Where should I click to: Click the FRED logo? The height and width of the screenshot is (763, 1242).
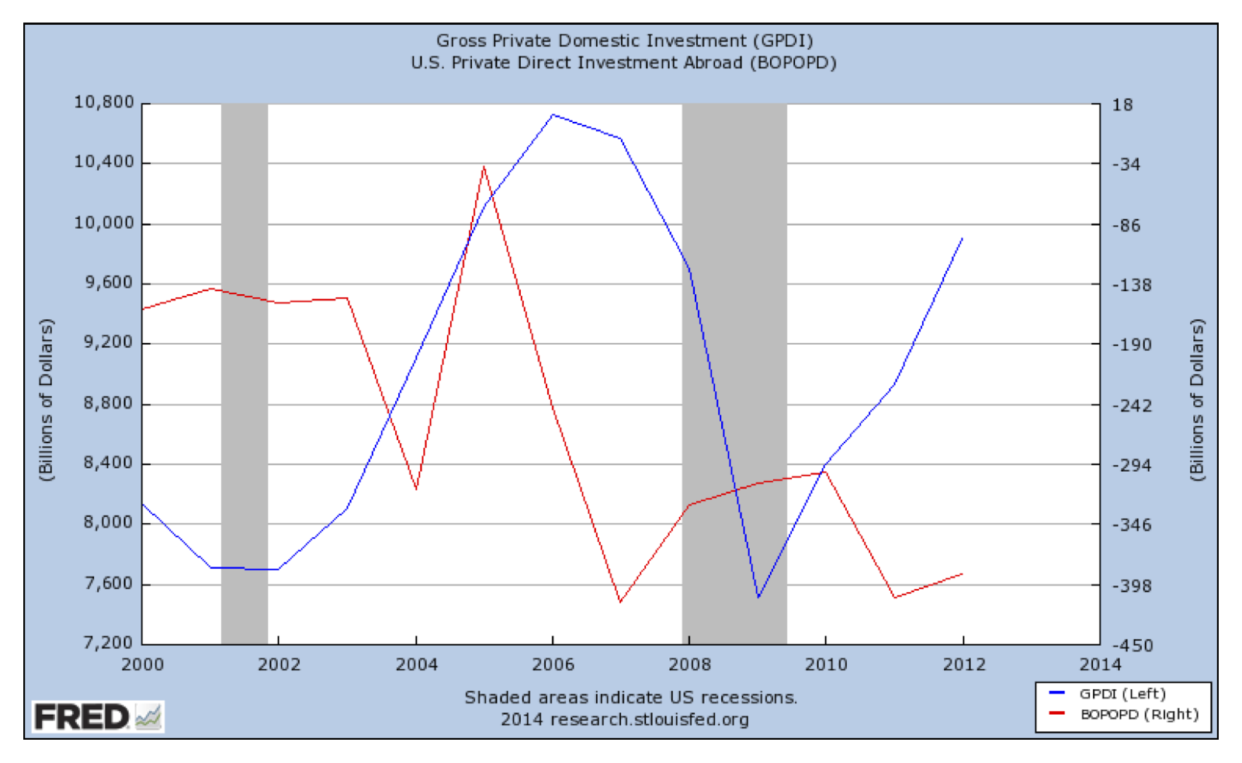click(97, 716)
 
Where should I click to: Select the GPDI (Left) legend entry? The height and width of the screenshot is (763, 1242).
click(1122, 694)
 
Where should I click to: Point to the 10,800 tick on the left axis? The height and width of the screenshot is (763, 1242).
click(104, 102)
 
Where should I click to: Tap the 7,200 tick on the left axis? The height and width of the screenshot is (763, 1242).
click(108, 643)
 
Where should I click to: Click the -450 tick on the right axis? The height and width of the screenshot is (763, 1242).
click(1133, 646)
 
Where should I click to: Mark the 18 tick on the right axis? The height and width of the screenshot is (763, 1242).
click(1122, 105)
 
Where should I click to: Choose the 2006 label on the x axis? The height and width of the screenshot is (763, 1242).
click(553, 664)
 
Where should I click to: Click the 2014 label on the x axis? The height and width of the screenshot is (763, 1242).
click(1100, 664)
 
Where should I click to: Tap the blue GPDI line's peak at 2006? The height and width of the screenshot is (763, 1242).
click(553, 115)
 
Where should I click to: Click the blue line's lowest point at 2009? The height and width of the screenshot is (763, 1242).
click(758, 598)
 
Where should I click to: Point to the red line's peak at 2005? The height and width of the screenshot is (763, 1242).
click(484, 166)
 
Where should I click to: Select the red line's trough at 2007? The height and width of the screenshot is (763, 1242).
click(620, 602)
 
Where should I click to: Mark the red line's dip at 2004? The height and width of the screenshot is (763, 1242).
click(417, 489)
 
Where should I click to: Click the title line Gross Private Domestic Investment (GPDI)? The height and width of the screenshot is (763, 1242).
click(624, 40)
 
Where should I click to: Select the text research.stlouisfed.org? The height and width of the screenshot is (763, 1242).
click(650, 720)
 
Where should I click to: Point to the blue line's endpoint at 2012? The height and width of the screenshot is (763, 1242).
click(963, 238)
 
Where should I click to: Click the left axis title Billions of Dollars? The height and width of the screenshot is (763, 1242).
click(47, 400)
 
